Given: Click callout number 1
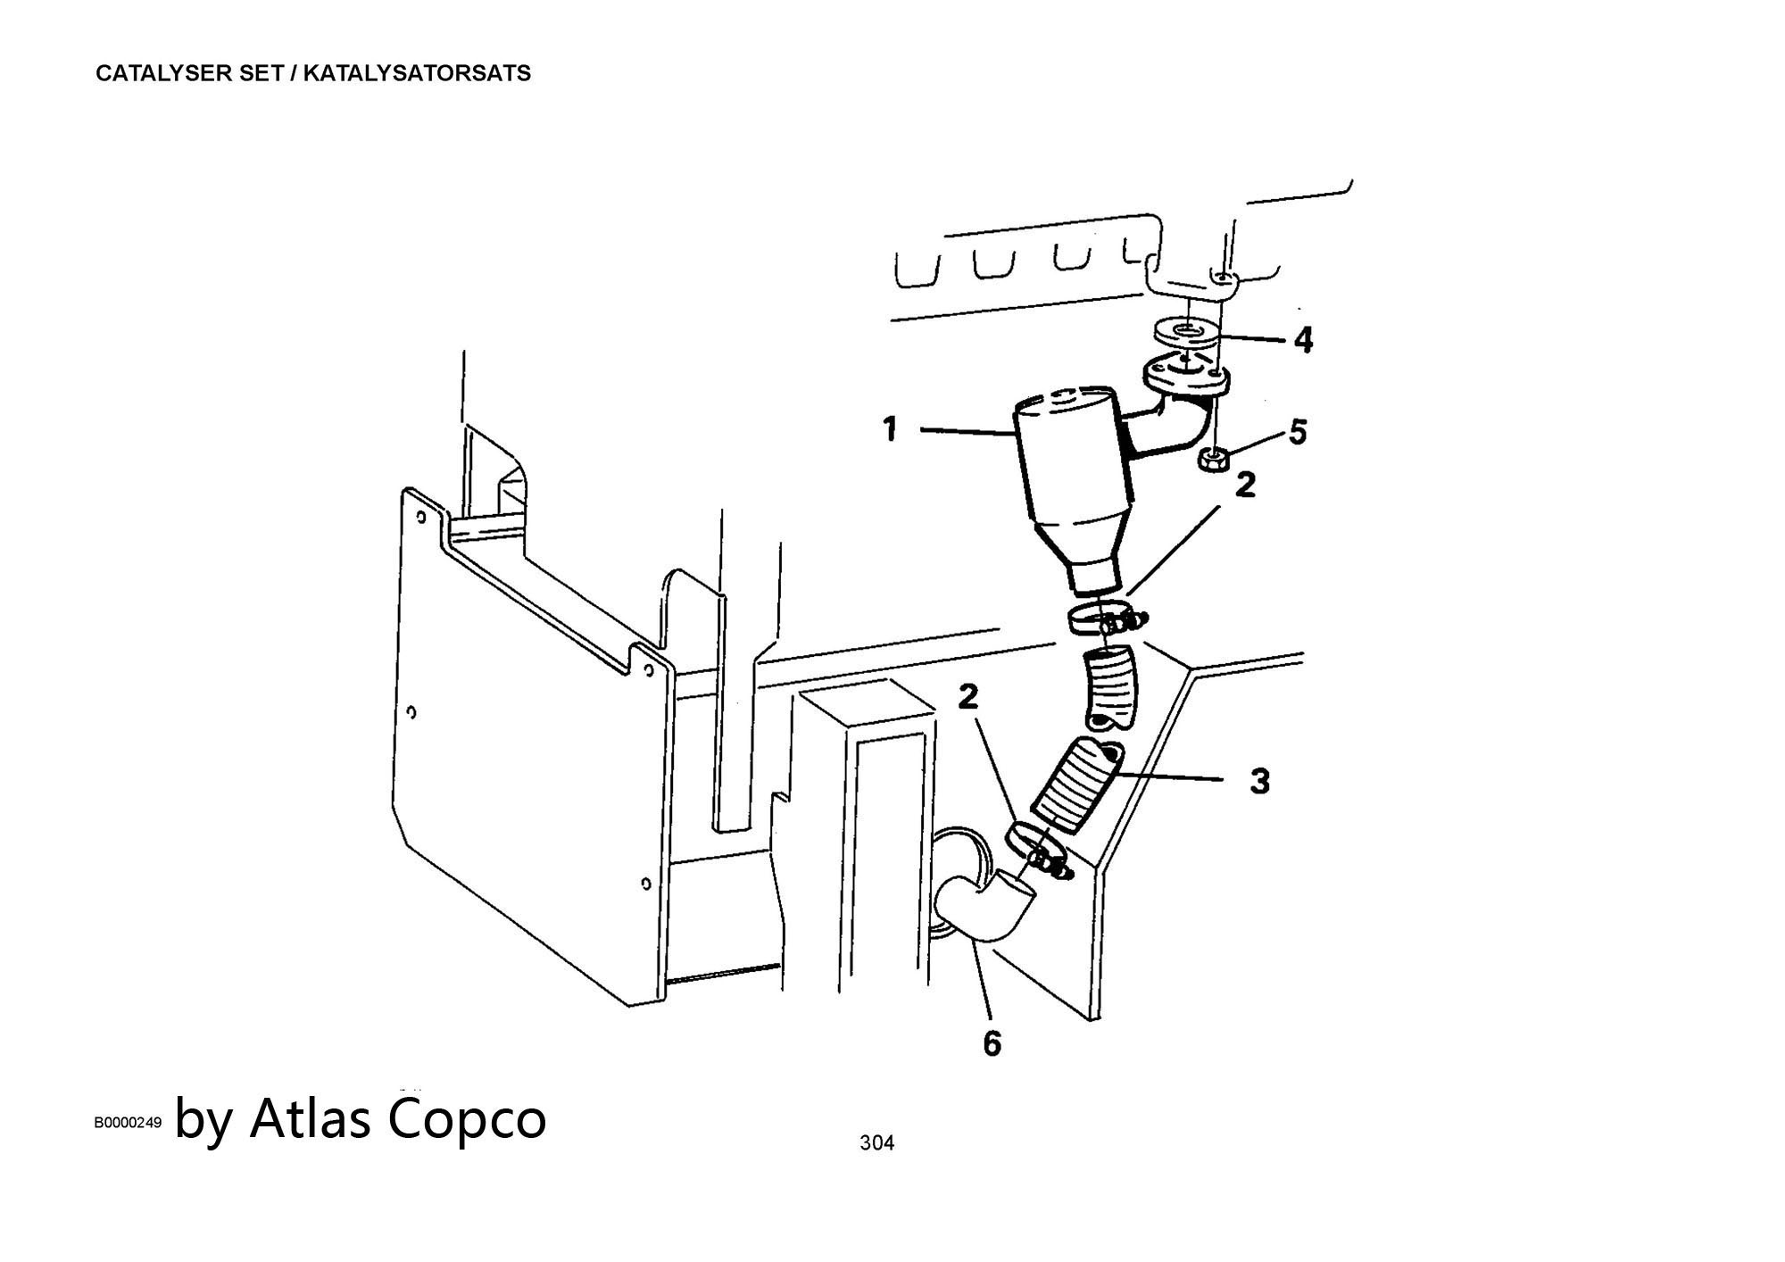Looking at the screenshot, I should [x=889, y=430].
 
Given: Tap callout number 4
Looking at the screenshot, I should [x=1303, y=340].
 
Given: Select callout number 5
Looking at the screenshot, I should [x=1298, y=432].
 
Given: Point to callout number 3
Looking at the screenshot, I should [x=1259, y=781].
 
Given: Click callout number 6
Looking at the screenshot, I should [x=992, y=1042].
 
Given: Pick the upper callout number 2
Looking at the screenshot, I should [x=1245, y=485].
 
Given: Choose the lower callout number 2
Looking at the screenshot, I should [x=969, y=697].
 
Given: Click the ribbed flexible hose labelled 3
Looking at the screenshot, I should [x=1076, y=785].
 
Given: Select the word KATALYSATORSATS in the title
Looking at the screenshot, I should [x=417, y=73].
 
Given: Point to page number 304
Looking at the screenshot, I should [x=876, y=1142].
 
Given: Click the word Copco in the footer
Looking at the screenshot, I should [x=467, y=1118].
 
